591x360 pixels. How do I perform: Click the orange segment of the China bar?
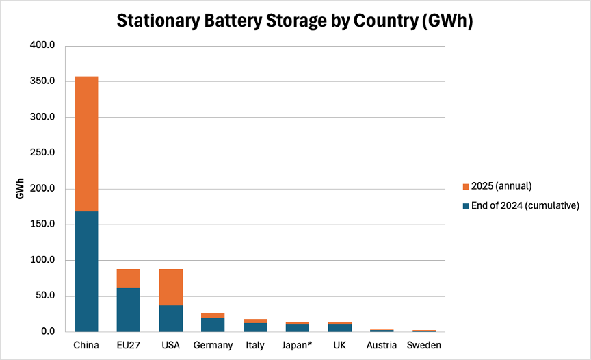(86, 144)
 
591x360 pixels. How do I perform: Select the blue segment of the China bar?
(86, 272)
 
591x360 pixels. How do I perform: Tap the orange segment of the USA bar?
(171, 287)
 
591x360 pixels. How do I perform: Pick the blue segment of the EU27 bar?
(129, 310)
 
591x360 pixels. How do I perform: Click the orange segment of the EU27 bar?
(129, 279)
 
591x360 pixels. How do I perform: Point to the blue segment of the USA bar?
(171, 318)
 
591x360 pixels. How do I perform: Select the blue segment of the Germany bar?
(213, 325)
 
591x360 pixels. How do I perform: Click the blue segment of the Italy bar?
(255, 327)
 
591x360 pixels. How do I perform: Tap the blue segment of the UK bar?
(339, 328)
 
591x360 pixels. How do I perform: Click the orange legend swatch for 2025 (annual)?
(466, 187)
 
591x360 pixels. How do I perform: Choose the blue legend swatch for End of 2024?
(466, 206)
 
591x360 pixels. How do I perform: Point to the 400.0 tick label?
(42, 45)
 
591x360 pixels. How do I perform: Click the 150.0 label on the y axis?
(42, 224)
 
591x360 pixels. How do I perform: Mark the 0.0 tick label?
(48, 331)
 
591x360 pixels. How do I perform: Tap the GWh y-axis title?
(20, 188)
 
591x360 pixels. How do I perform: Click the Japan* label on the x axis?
(297, 345)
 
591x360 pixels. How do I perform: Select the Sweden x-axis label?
(424, 345)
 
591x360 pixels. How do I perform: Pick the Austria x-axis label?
(382, 345)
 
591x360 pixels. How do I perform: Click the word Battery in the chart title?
(233, 21)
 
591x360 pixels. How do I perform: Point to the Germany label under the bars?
(213, 346)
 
